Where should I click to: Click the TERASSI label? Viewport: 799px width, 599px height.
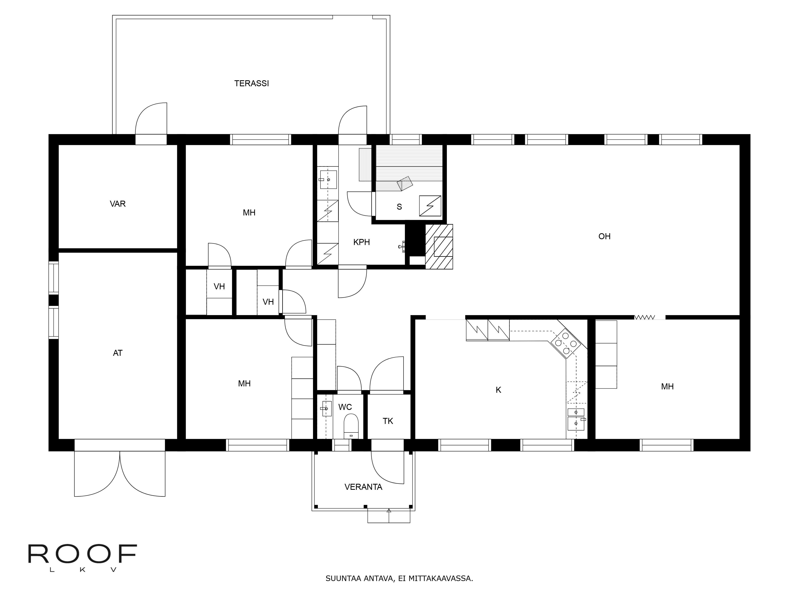click(x=251, y=83)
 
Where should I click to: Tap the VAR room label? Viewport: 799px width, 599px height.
click(x=118, y=204)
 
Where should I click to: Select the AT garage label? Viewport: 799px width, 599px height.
click(x=118, y=353)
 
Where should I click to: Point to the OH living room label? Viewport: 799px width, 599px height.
click(x=604, y=236)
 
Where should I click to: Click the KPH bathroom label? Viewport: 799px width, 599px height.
click(x=362, y=242)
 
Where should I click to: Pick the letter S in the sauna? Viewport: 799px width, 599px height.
click(x=399, y=207)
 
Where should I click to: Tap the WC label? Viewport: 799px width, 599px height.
click(x=345, y=407)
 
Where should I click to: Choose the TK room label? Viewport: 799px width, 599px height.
click(x=388, y=421)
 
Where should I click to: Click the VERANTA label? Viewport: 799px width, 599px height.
click(x=363, y=487)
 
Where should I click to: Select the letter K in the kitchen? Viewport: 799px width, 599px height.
click(x=498, y=390)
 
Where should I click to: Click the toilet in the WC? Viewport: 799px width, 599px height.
click(x=351, y=426)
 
